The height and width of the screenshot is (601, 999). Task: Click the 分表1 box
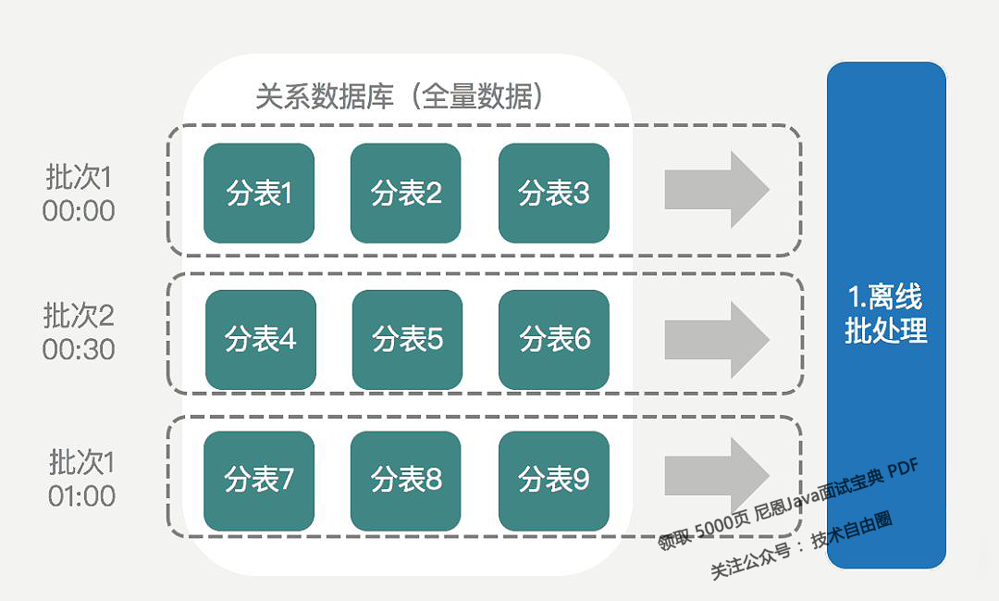pyautogui.click(x=259, y=194)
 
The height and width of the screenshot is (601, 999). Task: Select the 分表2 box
pyautogui.click(x=406, y=194)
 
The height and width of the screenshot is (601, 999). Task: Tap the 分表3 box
pyautogui.click(x=554, y=194)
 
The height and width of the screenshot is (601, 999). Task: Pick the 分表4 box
pyautogui.click(x=260, y=339)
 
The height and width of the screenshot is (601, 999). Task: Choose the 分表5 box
pyautogui.click(x=407, y=339)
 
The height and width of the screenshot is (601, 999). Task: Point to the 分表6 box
pyautogui.click(x=554, y=339)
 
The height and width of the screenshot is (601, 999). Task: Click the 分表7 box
pyautogui.click(x=259, y=481)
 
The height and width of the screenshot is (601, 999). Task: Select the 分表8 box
pyautogui.click(x=406, y=481)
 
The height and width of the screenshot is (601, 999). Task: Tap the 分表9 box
pyautogui.click(x=554, y=481)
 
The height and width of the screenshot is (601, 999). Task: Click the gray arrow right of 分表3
pyautogui.click(x=716, y=190)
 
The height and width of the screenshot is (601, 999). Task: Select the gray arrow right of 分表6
pyautogui.click(x=716, y=339)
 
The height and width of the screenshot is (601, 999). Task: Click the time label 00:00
pyautogui.click(x=79, y=211)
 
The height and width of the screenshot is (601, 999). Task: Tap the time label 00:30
pyautogui.click(x=79, y=350)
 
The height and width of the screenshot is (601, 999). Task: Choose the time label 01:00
pyautogui.click(x=81, y=495)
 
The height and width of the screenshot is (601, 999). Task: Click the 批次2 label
pyautogui.click(x=79, y=316)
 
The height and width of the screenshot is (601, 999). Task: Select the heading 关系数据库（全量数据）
pyautogui.click(x=399, y=96)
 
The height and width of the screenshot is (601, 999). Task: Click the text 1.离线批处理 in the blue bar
pyautogui.click(x=886, y=314)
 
